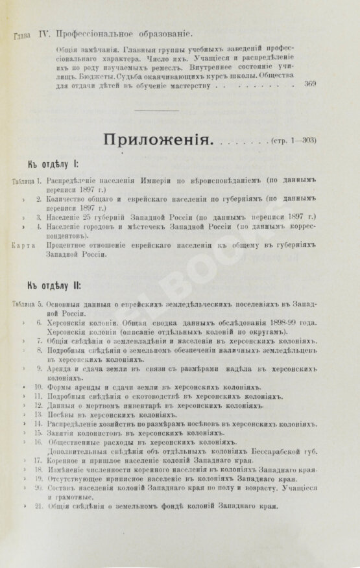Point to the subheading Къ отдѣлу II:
(x=53, y=287)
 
